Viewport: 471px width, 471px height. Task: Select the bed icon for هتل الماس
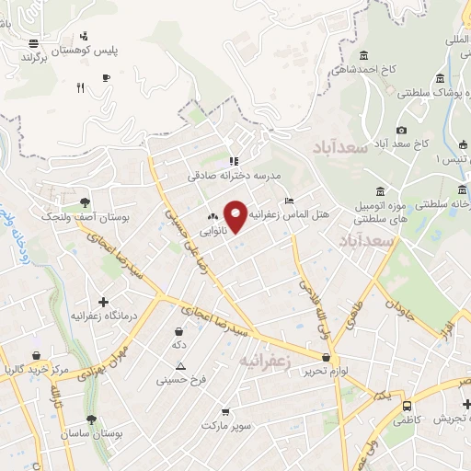tap(290, 201)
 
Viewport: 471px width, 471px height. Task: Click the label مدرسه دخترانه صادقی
tap(234, 175)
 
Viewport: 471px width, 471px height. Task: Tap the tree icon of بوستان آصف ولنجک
tap(86, 201)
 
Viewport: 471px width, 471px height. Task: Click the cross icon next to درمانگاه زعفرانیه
tap(103, 301)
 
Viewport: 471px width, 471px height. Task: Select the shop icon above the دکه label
tap(178, 331)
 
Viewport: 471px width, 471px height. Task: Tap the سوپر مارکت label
tap(226, 426)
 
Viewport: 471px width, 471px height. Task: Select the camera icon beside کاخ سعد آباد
tap(401, 131)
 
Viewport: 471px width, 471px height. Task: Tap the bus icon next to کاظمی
tap(407, 404)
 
